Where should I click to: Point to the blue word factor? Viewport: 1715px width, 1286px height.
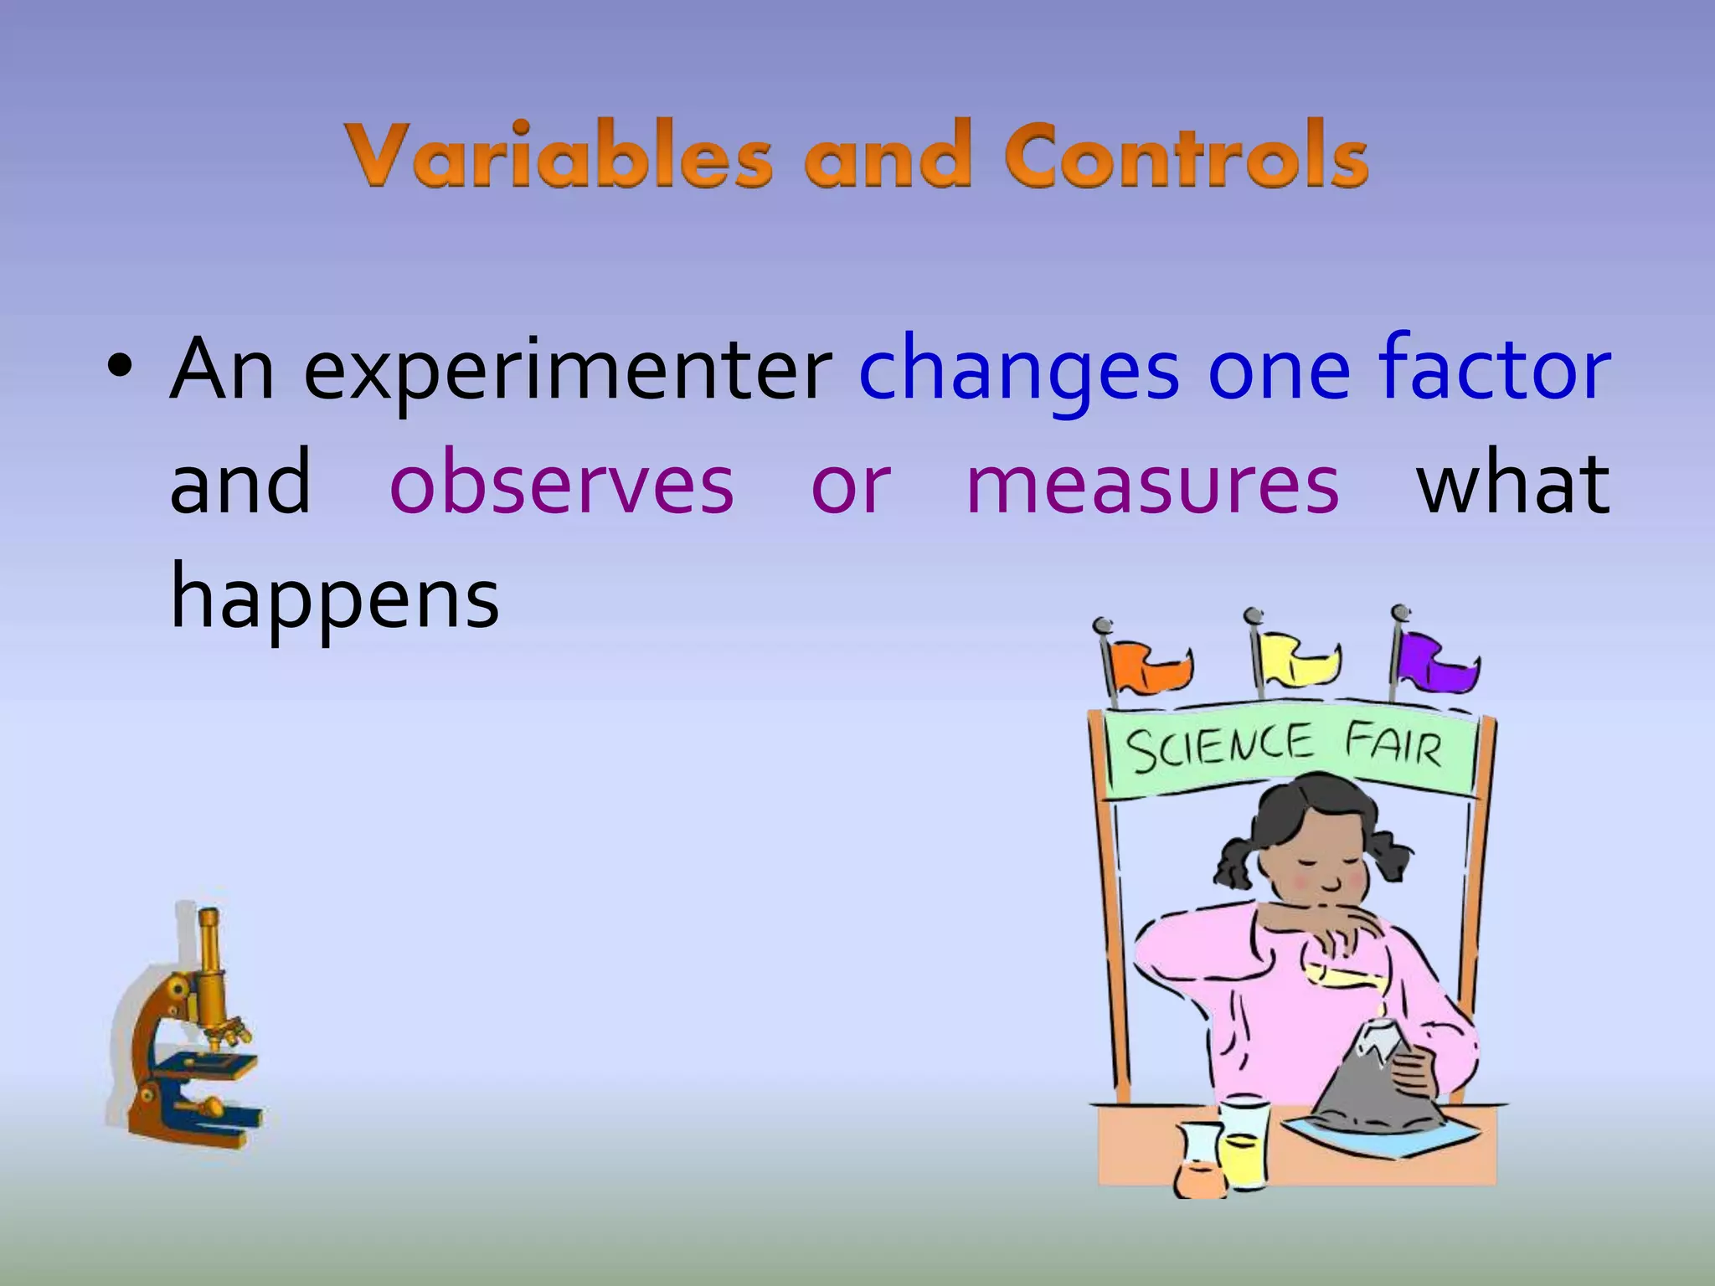point(1494,368)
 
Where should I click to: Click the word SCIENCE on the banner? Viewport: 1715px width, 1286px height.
point(1219,748)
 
